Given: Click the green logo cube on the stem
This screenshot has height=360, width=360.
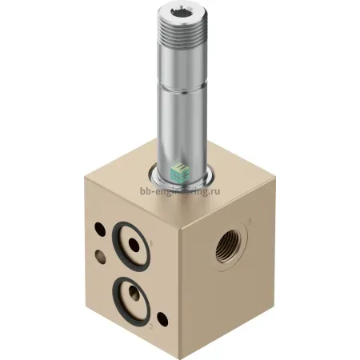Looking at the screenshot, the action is (x=180, y=174).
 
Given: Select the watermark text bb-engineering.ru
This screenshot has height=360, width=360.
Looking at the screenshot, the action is (x=180, y=191).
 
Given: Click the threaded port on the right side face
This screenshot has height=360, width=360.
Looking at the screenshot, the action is (x=228, y=246).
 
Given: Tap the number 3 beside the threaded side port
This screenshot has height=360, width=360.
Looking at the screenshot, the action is (x=250, y=221).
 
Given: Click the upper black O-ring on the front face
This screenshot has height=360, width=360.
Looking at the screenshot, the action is (x=131, y=246).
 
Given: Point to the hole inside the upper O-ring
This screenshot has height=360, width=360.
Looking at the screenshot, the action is (x=134, y=245).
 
